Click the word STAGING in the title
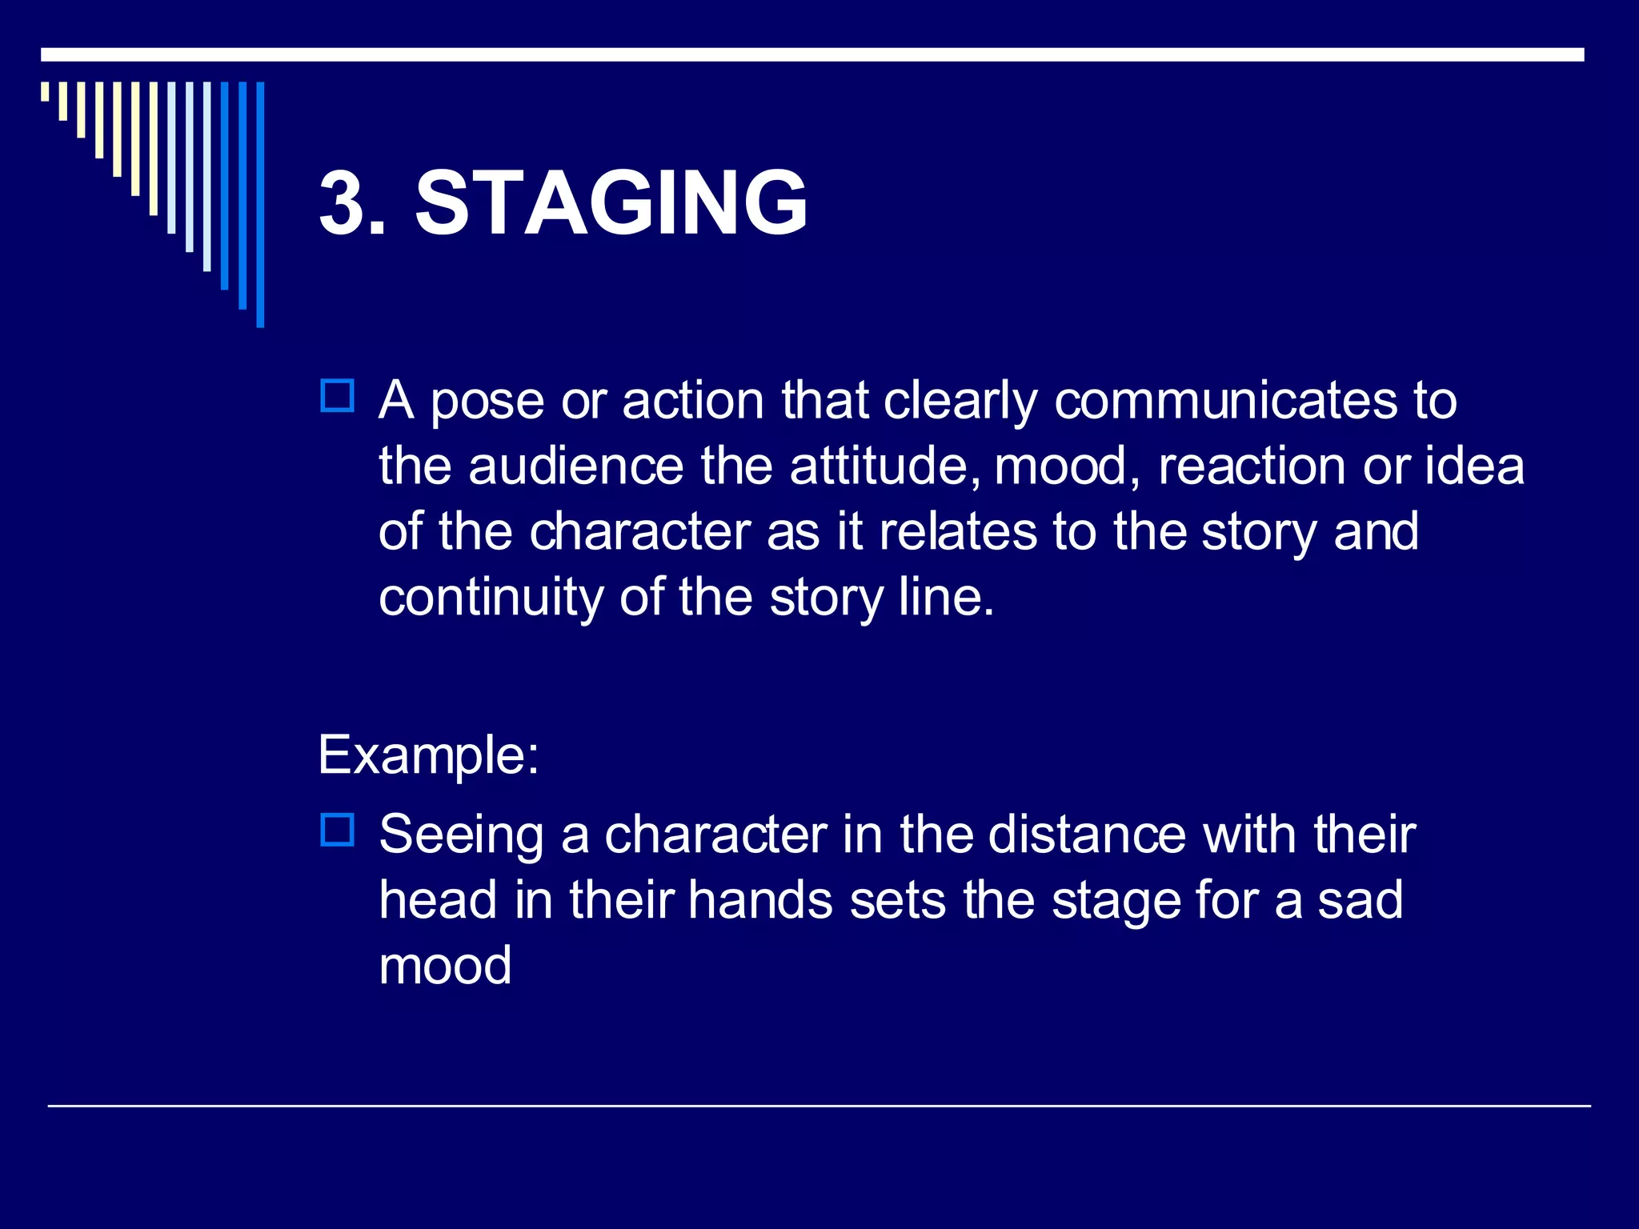(611, 203)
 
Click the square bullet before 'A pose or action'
(337, 396)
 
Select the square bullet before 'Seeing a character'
(337, 830)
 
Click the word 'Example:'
(428, 754)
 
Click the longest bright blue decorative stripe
(260, 204)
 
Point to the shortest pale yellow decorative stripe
(45, 91)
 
